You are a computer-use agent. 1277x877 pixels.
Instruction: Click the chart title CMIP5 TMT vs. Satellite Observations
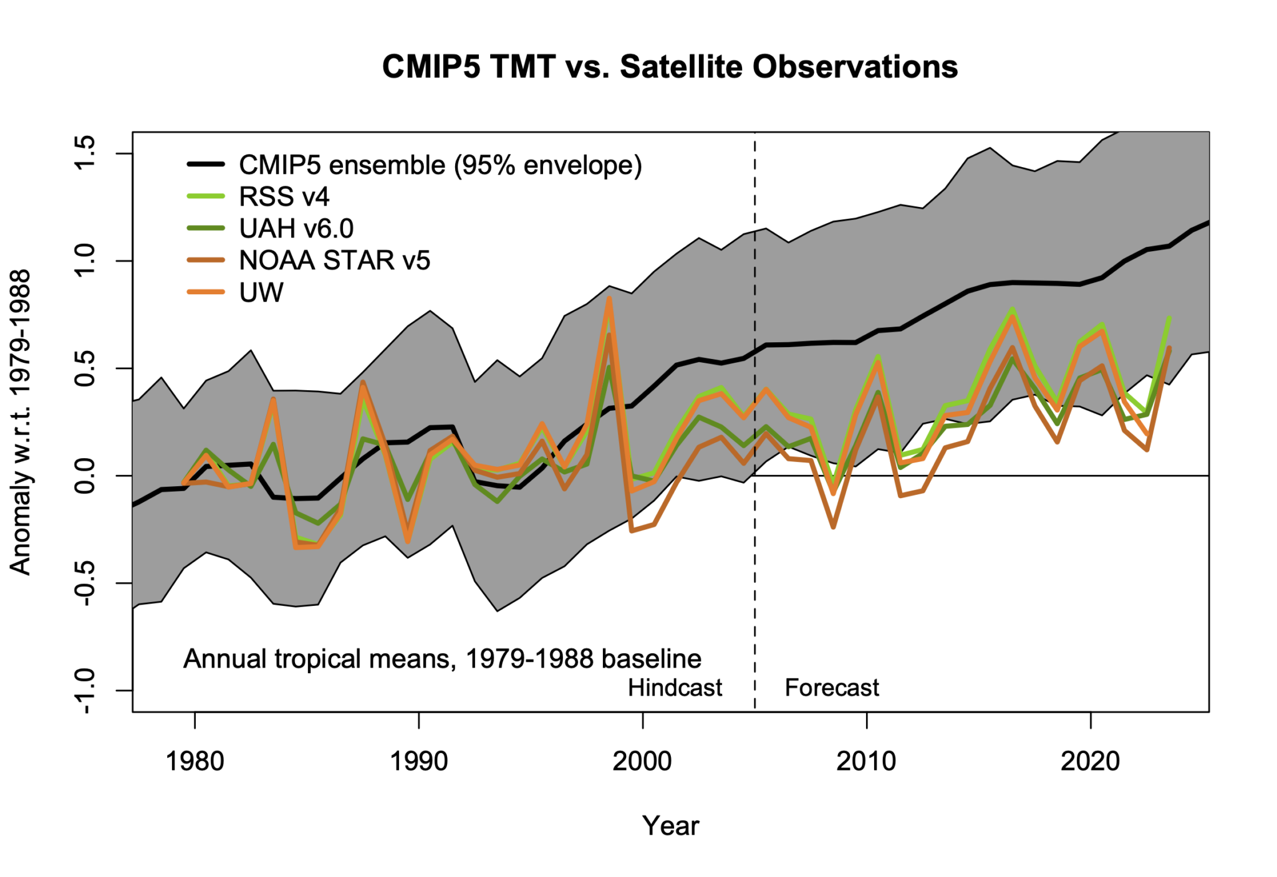(670, 67)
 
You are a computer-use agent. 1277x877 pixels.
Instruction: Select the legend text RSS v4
(284, 197)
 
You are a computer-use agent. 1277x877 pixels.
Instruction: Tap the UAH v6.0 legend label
(296, 229)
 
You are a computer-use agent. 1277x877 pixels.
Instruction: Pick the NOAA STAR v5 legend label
(334, 261)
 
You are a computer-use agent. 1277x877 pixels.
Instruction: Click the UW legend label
(261, 292)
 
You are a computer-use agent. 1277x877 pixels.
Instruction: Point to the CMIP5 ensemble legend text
(440, 165)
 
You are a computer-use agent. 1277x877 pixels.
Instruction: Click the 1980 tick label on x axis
(195, 761)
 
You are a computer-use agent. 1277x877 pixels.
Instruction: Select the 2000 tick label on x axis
(642, 761)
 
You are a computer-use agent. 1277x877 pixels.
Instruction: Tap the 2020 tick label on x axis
(1090, 761)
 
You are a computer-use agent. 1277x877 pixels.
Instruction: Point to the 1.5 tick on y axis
(85, 153)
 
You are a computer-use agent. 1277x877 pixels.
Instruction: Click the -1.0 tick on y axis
(85, 691)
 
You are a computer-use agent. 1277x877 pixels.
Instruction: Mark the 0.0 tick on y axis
(85, 476)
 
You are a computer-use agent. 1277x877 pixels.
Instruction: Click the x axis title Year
(670, 825)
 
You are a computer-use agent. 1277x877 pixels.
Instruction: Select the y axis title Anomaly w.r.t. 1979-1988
(20, 422)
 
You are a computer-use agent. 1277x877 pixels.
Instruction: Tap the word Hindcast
(675, 688)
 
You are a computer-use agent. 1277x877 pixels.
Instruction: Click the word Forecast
(831, 688)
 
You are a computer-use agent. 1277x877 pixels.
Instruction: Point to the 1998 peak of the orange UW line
(609, 299)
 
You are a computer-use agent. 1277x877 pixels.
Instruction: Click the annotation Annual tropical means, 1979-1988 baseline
(442, 658)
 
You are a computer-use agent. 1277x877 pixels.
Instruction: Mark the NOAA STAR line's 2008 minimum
(833, 527)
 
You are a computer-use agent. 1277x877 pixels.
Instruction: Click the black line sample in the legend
(206, 165)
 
